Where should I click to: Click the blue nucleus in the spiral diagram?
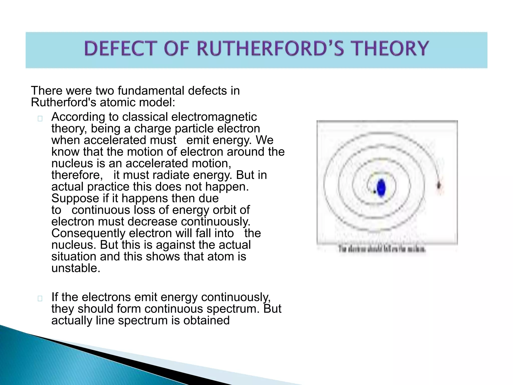(x=381, y=188)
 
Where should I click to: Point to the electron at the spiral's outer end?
(x=439, y=186)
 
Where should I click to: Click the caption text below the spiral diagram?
(x=382, y=249)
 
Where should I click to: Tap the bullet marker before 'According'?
(x=40, y=119)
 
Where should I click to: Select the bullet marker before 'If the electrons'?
(x=40, y=298)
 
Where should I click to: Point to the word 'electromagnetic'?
(x=214, y=117)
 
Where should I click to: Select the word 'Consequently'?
(x=88, y=233)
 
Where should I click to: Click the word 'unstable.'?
(x=76, y=268)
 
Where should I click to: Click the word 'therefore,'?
(x=77, y=175)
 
